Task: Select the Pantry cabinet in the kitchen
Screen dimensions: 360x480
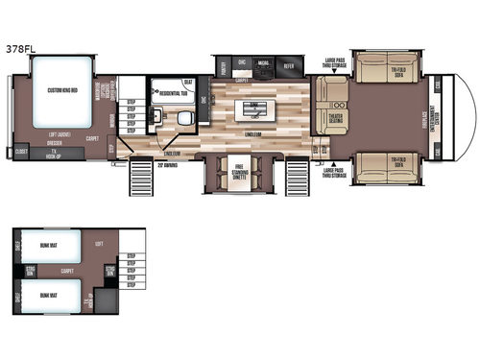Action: (225, 66)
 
